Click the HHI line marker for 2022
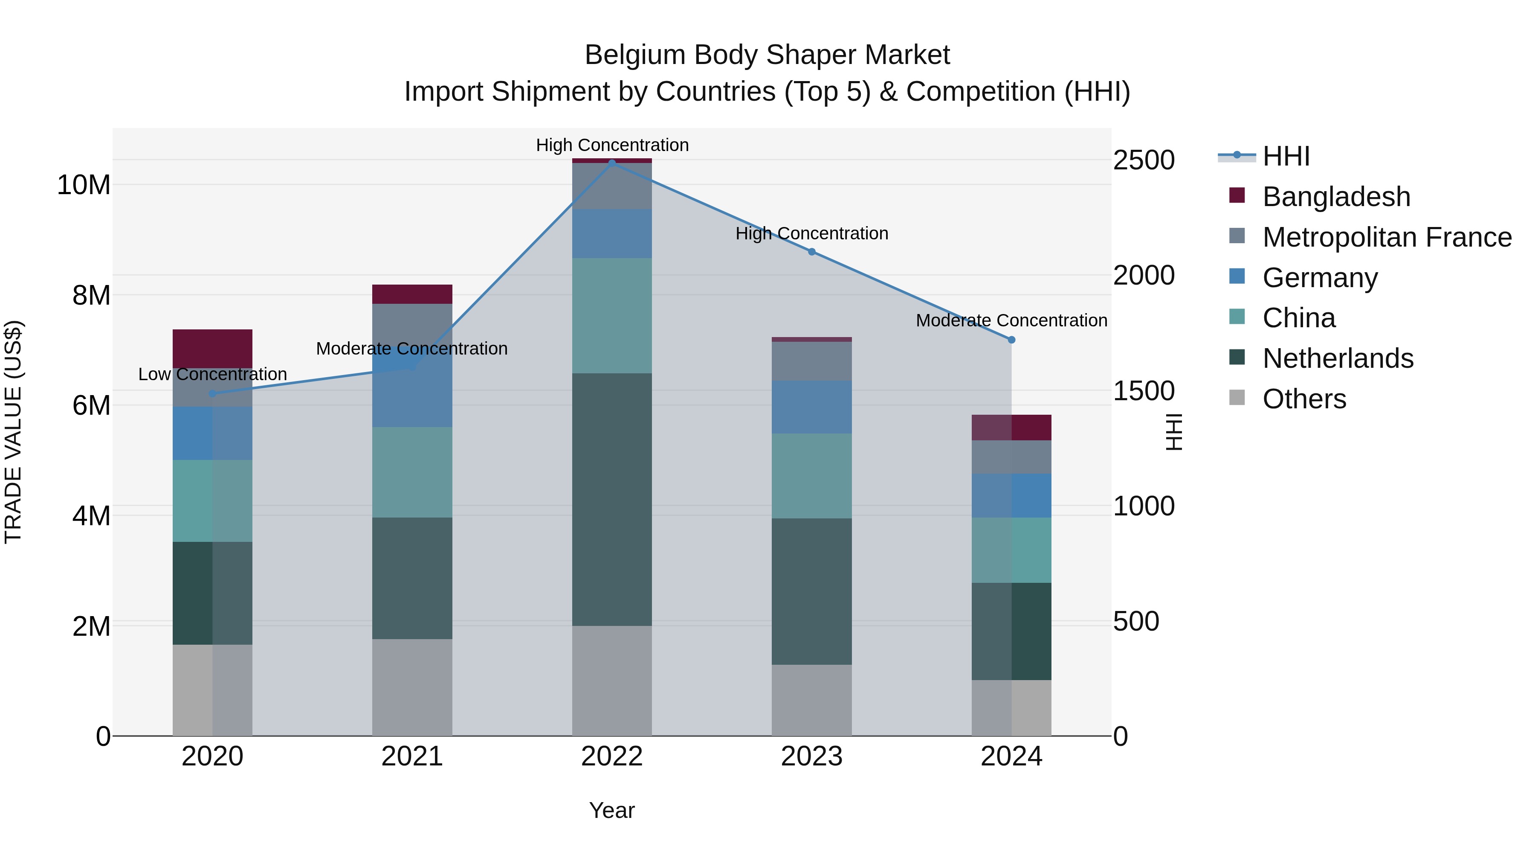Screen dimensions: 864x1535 [x=612, y=163]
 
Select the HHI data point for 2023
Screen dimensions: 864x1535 [x=811, y=252]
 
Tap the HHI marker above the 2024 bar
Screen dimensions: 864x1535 [x=1011, y=340]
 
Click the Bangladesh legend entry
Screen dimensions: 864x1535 [x=1335, y=197]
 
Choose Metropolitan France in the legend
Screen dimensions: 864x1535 [x=1386, y=237]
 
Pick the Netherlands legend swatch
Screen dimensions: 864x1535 [x=1237, y=358]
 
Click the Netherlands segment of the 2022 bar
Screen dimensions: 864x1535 [x=612, y=499]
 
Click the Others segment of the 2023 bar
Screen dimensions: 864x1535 [x=811, y=700]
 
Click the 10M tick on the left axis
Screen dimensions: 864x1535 [x=84, y=185]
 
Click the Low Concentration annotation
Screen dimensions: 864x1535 [x=212, y=375]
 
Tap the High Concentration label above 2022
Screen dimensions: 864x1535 [x=612, y=145]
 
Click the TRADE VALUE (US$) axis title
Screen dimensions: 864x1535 [x=13, y=432]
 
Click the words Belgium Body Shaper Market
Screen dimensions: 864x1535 [x=767, y=55]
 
